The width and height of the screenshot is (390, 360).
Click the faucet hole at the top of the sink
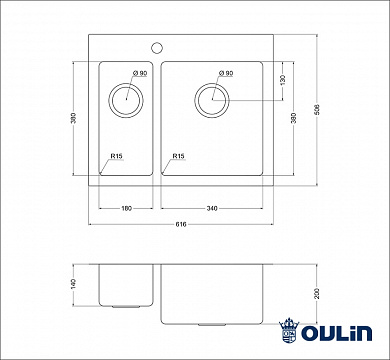tap(157, 46)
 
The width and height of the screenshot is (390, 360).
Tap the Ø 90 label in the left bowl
tap(138, 74)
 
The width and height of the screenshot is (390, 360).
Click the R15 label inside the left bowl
tap(117, 156)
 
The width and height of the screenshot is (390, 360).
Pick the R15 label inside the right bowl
tap(178, 156)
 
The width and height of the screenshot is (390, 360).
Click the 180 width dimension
tap(127, 208)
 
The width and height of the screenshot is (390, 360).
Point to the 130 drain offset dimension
tap(282, 79)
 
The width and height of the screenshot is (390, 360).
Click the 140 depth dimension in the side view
tap(74, 287)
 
